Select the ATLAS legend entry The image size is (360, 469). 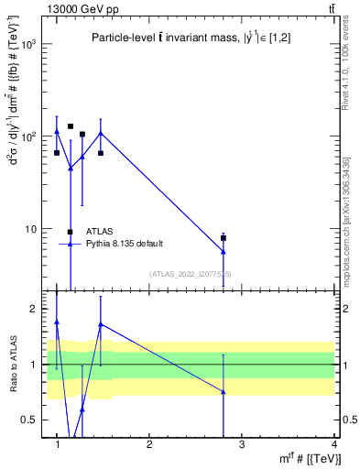(100, 231)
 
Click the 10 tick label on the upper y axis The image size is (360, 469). (31, 228)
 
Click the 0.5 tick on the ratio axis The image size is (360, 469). (29, 420)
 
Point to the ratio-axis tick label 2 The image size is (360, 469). (33, 310)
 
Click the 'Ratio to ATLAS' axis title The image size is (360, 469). (13, 365)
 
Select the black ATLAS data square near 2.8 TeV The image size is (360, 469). (224, 238)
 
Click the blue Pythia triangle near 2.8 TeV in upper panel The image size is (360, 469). (224, 252)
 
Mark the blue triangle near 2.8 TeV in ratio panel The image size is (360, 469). (224, 392)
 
